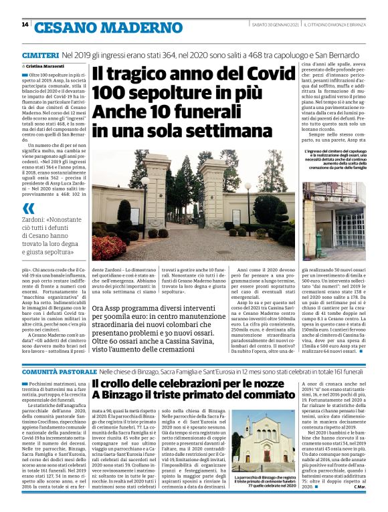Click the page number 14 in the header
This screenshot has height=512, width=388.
25,25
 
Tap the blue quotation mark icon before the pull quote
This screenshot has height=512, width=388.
28,209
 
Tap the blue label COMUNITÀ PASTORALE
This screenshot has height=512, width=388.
58,370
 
